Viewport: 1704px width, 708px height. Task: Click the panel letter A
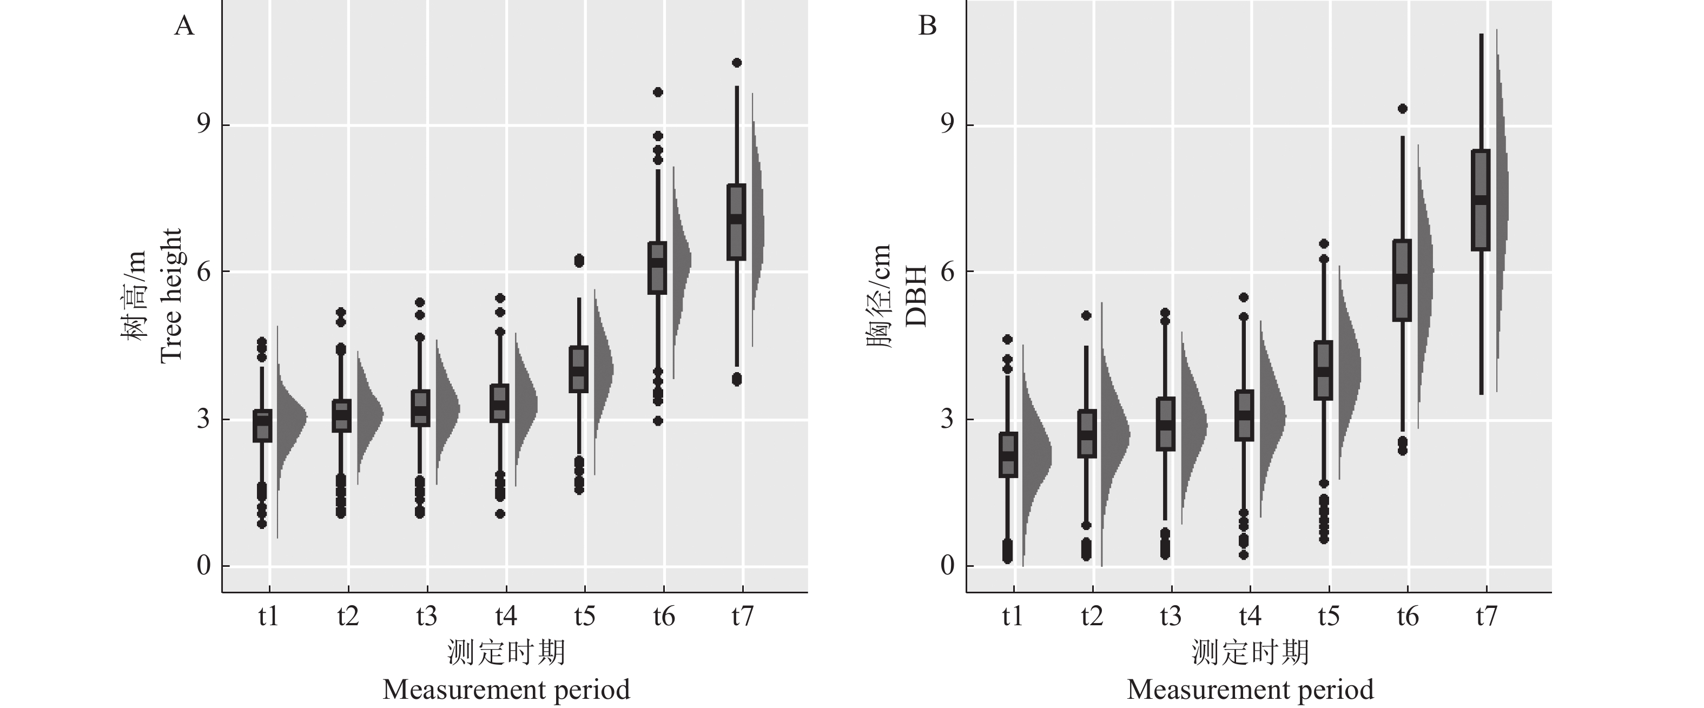point(184,27)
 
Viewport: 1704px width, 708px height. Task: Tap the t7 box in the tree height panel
point(736,222)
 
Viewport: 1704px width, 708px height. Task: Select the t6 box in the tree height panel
point(657,268)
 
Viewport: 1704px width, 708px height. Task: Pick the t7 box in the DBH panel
point(1481,200)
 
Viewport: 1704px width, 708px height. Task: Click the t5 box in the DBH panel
point(1324,370)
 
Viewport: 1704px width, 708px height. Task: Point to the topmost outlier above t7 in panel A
point(736,63)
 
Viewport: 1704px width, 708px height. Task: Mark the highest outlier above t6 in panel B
point(1402,109)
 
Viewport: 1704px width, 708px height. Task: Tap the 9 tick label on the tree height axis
point(203,124)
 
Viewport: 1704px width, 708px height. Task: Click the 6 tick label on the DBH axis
point(947,272)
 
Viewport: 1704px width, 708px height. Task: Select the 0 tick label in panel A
point(203,566)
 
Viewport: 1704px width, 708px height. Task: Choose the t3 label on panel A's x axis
point(427,617)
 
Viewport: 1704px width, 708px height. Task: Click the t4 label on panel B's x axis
point(1250,617)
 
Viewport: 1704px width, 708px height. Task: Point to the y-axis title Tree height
point(170,296)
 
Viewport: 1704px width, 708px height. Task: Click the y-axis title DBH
point(916,296)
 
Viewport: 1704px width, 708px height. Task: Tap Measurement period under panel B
point(1250,690)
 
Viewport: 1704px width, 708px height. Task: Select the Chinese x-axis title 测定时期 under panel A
point(506,652)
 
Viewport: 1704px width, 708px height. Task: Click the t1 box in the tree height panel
point(262,426)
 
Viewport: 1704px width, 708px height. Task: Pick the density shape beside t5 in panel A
point(602,370)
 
